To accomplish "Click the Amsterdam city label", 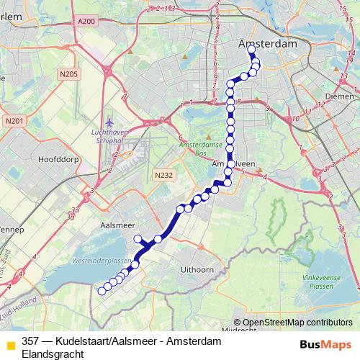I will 267,44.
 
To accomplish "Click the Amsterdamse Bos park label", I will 199,148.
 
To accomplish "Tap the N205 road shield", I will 70,73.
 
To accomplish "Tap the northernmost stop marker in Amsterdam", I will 251,50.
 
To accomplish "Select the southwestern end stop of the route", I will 101,291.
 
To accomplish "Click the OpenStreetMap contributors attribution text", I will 297,322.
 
